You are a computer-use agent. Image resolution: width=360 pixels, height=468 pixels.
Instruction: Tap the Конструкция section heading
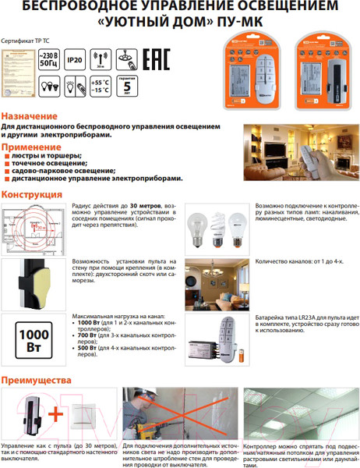point(32,194)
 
